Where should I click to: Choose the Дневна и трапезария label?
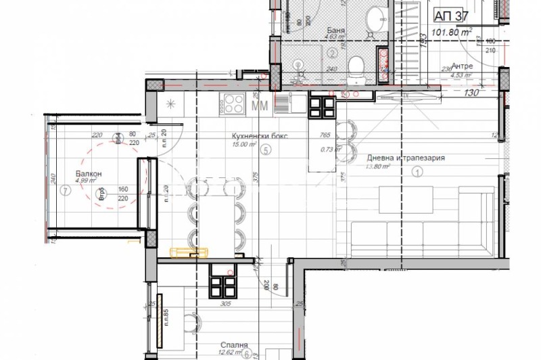tap(404, 158)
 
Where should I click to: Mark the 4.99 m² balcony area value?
tap(87, 181)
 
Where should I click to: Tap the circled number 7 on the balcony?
tap(64, 190)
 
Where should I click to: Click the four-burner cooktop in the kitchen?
tap(235, 104)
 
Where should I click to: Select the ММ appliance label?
tap(258, 106)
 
